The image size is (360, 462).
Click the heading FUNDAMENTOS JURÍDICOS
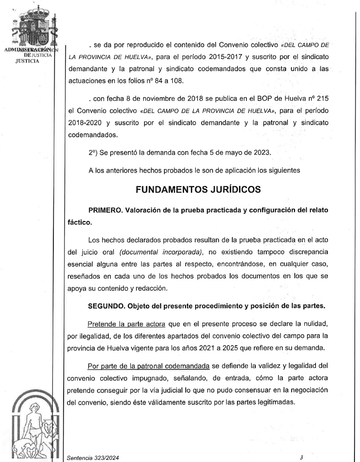[198, 190]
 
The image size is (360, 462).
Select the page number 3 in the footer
[301, 457]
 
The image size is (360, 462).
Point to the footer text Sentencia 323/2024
[93, 458]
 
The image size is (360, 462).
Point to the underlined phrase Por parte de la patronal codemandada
[148, 366]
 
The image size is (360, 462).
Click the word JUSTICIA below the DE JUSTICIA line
[27, 61]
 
